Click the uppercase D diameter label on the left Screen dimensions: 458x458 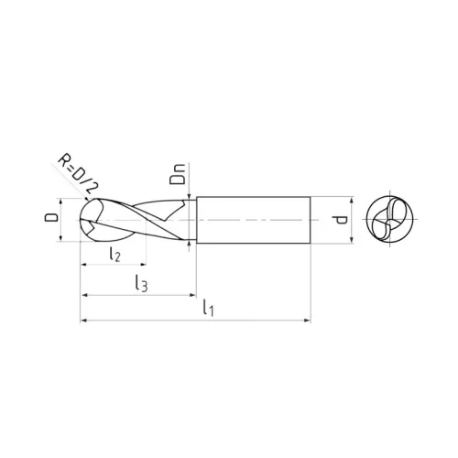pos(51,217)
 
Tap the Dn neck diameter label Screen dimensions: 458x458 pos(178,174)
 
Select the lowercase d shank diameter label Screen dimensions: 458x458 pos(339,220)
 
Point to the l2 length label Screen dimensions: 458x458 pos(115,255)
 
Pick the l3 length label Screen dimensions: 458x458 pos(141,284)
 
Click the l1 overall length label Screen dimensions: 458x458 pos(209,308)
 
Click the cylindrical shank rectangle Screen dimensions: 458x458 pos(254,220)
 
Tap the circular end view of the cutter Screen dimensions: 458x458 pos(389,219)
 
